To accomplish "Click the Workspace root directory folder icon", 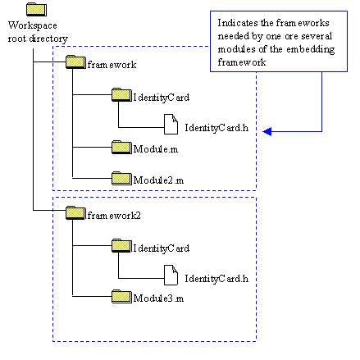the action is (x=36, y=9).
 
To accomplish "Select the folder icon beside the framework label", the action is (x=75, y=62).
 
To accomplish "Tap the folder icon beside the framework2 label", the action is (x=75, y=212).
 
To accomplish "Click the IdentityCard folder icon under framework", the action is (x=121, y=94).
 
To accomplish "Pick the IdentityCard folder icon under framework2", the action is (x=121, y=245).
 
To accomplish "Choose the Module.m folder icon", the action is (x=121, y=147).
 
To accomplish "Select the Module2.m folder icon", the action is (x=121, y=178).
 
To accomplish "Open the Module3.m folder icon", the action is (x=121, y=296).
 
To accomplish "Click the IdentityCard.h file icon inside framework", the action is (x=171, y=124).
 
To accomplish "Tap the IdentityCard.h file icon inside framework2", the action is (x=171, y=275).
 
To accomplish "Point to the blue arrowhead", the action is (x=267, y=131).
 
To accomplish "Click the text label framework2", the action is (x=114, y=216).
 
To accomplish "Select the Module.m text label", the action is (x=156, y=149).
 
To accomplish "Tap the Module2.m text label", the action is (x=158, y=180).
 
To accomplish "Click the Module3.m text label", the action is (x=158, y=298).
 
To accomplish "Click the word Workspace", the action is (x=33, y=25).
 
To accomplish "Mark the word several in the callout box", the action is (x=317, y=36).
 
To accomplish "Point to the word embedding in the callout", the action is (x=311, y=49).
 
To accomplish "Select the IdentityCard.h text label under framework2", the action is (x=216, y=279).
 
